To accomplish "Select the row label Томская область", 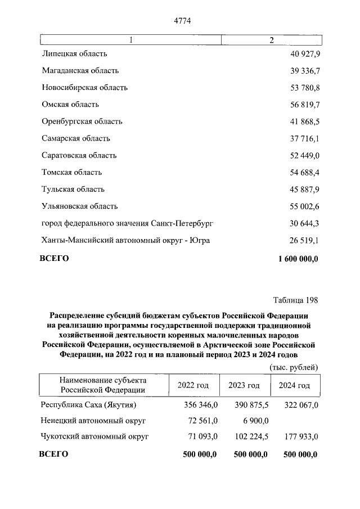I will pos(72,172).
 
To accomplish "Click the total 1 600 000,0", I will pos(298,259).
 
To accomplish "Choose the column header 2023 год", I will pos(244,385).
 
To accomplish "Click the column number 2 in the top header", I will pos(272,40).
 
